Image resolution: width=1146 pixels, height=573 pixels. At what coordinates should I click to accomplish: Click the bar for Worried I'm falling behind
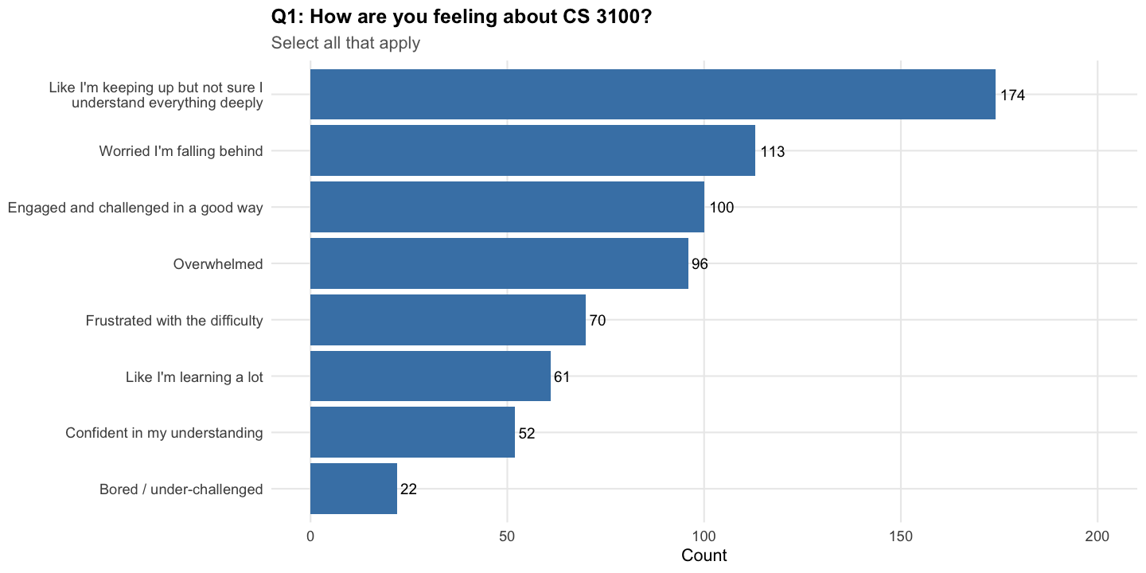point(532,151)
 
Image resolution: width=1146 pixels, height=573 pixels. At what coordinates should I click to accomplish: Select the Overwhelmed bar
point(499,263)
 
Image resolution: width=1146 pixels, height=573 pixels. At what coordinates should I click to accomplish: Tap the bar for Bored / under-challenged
point(353,489)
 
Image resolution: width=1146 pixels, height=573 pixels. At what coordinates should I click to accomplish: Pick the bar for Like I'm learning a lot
point(430,376)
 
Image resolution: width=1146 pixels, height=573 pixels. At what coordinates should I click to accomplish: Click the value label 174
point(1012,95)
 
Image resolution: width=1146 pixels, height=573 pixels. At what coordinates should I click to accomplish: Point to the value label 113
point(773,152)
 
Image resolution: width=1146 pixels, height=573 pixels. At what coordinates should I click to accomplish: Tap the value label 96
point(700,264)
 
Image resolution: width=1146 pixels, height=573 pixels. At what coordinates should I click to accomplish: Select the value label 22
point(408,489)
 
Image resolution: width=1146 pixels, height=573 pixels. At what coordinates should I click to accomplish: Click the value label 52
point(527,433)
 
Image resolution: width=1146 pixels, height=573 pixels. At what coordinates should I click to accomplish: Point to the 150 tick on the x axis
point(901,536)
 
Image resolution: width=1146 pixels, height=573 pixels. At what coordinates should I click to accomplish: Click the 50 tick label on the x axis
point(507,536)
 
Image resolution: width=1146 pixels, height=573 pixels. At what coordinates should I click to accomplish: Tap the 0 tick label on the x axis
point(310,536)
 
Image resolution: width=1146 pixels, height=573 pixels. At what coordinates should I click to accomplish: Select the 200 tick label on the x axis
point(1097,536)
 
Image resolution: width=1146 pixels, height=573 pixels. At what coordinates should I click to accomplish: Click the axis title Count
point(704,555)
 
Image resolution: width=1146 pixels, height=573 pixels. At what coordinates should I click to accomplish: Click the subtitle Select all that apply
point(345,43)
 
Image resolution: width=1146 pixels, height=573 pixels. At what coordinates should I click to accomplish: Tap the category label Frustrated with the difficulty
point(174,321)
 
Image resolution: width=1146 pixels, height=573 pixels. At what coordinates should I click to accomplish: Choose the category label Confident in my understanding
point(164,433)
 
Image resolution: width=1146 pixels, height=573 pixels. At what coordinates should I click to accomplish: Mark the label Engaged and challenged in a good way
point(135,208)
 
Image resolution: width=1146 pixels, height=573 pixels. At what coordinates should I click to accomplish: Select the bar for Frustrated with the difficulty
point(447,320)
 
